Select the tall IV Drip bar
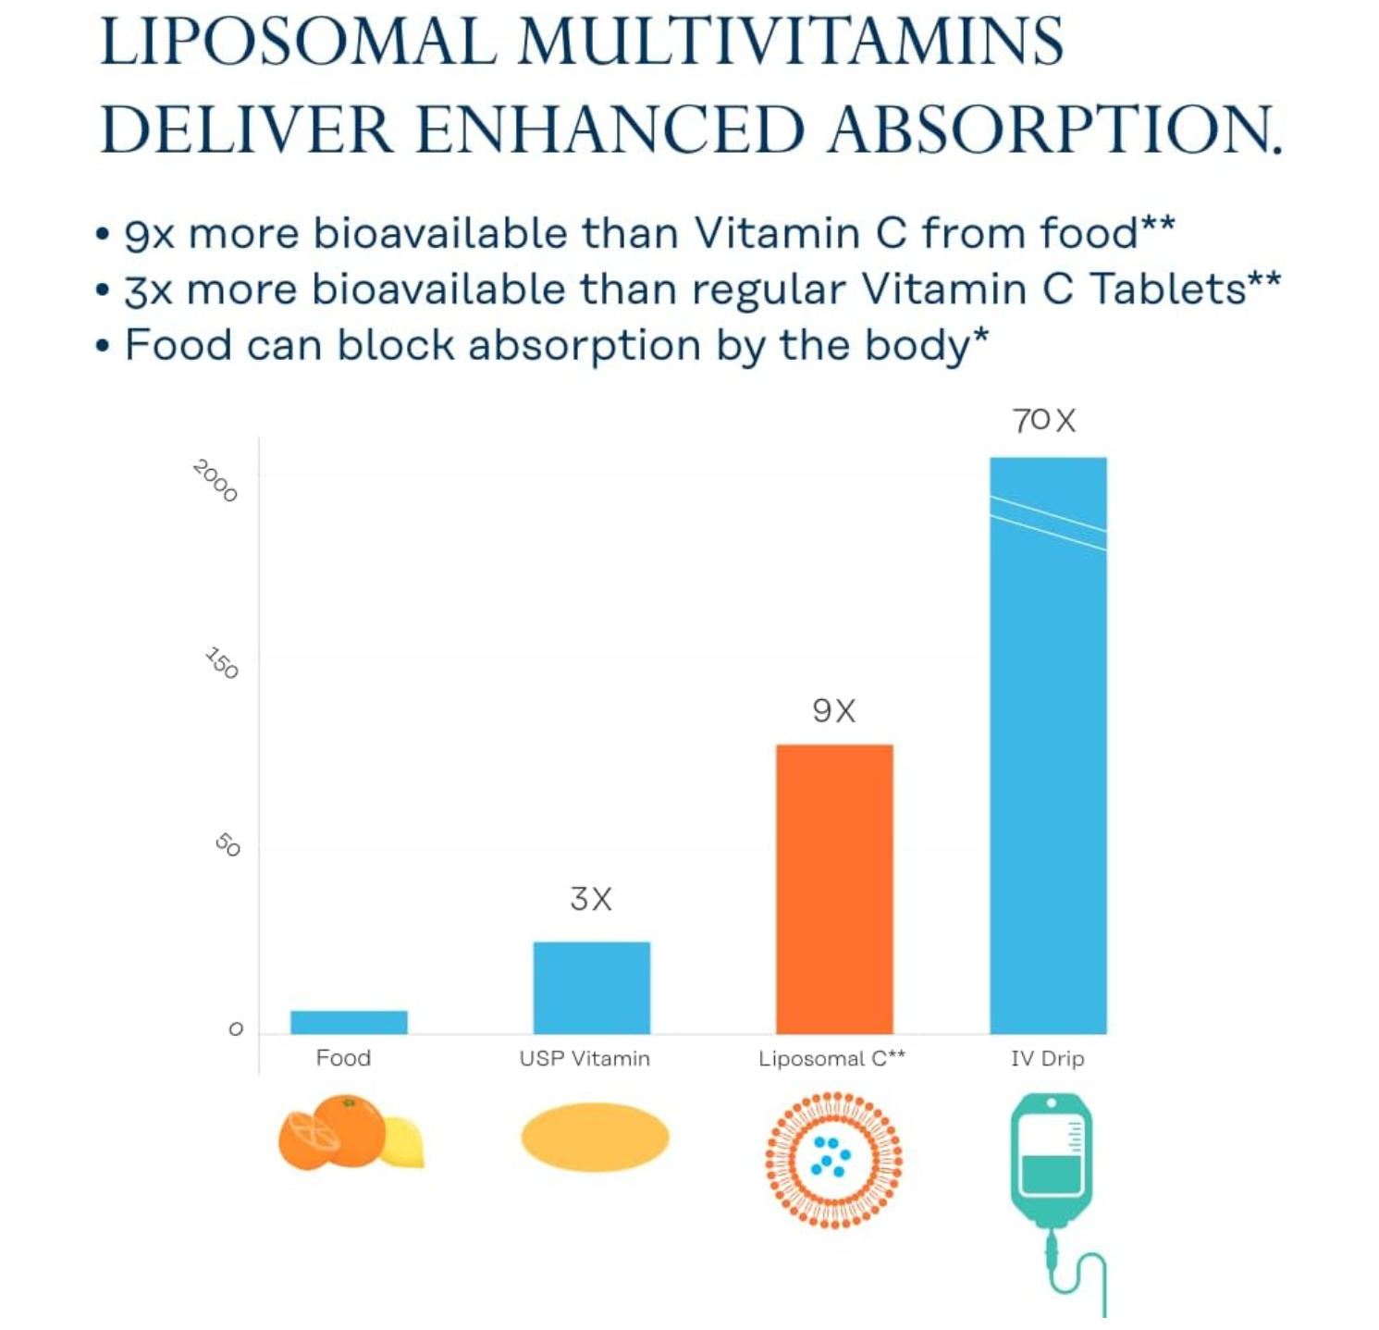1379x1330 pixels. point(1048,745)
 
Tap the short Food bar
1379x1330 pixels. point(349,1021)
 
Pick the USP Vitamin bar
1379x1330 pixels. point(591,987)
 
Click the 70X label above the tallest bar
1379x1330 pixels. point(1044,421)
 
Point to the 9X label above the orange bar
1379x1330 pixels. point(834,710)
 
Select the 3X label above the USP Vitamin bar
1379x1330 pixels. point(591,898)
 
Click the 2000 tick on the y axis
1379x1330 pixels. point(215,481)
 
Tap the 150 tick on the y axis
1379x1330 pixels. point(222,663)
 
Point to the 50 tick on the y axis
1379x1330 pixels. point(228,844)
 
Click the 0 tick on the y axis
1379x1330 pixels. point(236,1029)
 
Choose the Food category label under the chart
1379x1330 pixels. point(343,1058)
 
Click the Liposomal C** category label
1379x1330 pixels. point(831,1058)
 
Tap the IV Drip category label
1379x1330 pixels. point(1047,1058)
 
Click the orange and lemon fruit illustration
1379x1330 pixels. point(349,1132)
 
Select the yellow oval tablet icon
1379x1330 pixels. point(595,1137)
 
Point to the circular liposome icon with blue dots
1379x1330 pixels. point(833,1160)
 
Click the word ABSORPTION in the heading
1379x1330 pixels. point(1054,129)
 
